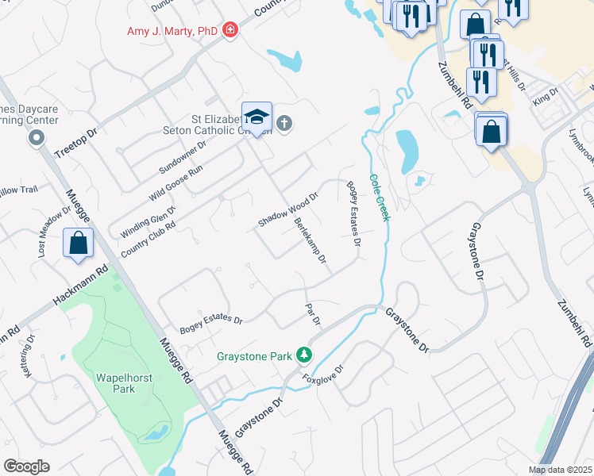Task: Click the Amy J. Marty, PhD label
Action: point(172,31)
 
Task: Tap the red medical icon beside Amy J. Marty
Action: point(230,31)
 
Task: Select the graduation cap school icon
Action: point(257,118)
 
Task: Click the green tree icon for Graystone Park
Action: point(303,355)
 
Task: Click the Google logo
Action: point(27,466)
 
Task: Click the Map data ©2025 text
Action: point(559,470)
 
